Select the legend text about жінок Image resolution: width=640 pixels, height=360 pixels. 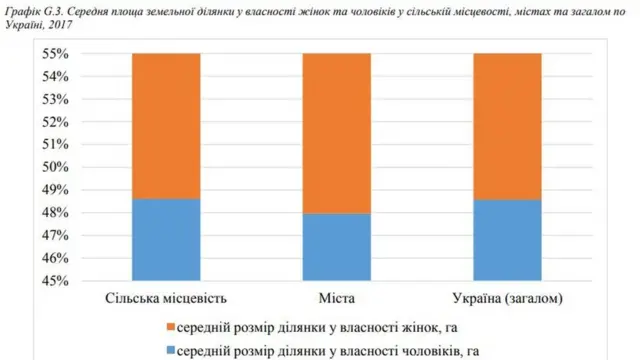tap(319, 327)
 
